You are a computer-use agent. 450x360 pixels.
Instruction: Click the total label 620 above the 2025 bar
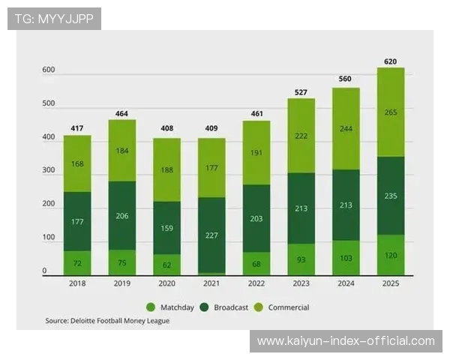point(390,61)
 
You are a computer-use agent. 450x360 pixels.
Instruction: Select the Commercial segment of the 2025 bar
point(390,112)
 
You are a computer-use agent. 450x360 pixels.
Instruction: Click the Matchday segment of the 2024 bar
point(346,257)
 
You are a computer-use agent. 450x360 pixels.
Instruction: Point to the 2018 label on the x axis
point(76,283)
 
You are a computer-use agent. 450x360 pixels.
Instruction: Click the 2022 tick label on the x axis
point(256,283)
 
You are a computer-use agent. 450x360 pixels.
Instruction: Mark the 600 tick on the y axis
point(49,70)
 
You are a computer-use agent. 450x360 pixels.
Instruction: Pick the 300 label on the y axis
point(49,171)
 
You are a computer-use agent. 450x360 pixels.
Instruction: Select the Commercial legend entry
point(286,307)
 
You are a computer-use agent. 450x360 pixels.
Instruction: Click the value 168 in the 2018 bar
point(76,164)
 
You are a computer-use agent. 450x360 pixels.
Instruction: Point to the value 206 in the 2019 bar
point(121,215)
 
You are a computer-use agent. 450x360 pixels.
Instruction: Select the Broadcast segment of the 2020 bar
point(166,228)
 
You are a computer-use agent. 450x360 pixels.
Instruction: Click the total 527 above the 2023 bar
point(301,92)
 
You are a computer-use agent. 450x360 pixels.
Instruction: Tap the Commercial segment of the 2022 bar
point(256,152)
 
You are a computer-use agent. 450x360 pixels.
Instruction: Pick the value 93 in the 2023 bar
point(301,259)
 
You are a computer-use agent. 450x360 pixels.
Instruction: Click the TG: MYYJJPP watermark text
point(54,18)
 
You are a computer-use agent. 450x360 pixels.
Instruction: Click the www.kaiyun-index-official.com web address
point(346,341)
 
